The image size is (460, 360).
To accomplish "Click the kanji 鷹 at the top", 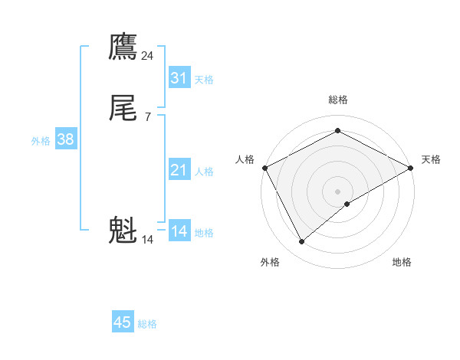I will tap(123, 47).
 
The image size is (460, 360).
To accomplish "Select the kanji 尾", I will tap(123, 108).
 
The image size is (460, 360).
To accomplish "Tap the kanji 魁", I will tap(123, 231).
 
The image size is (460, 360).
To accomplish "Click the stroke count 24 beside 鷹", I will tap(148, 56).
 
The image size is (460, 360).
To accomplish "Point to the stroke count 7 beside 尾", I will tap(148, 117).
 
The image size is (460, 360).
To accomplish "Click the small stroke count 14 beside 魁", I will tap(148, 240).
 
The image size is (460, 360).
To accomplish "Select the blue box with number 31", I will tap(179, 78).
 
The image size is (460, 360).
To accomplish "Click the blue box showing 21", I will tap(179, 170).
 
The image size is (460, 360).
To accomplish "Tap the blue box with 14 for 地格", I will tap(179, 231).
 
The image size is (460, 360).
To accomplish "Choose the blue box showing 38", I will tap(65, 139).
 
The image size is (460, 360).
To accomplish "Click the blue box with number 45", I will tap(123, 322).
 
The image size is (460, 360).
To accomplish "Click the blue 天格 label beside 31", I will tap(204, 80).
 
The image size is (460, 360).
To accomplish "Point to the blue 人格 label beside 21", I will tap(204, 172).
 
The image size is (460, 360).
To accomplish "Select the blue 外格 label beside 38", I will tap(41, 141).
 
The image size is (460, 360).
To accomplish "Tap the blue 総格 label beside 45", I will tap(148, 324).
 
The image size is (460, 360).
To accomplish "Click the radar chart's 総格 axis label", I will tap(338, 100).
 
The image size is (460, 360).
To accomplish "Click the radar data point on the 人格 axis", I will tap(264, 168).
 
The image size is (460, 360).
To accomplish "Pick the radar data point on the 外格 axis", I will tap(302, 242).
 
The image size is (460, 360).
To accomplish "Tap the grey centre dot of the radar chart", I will tap(338, 191).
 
